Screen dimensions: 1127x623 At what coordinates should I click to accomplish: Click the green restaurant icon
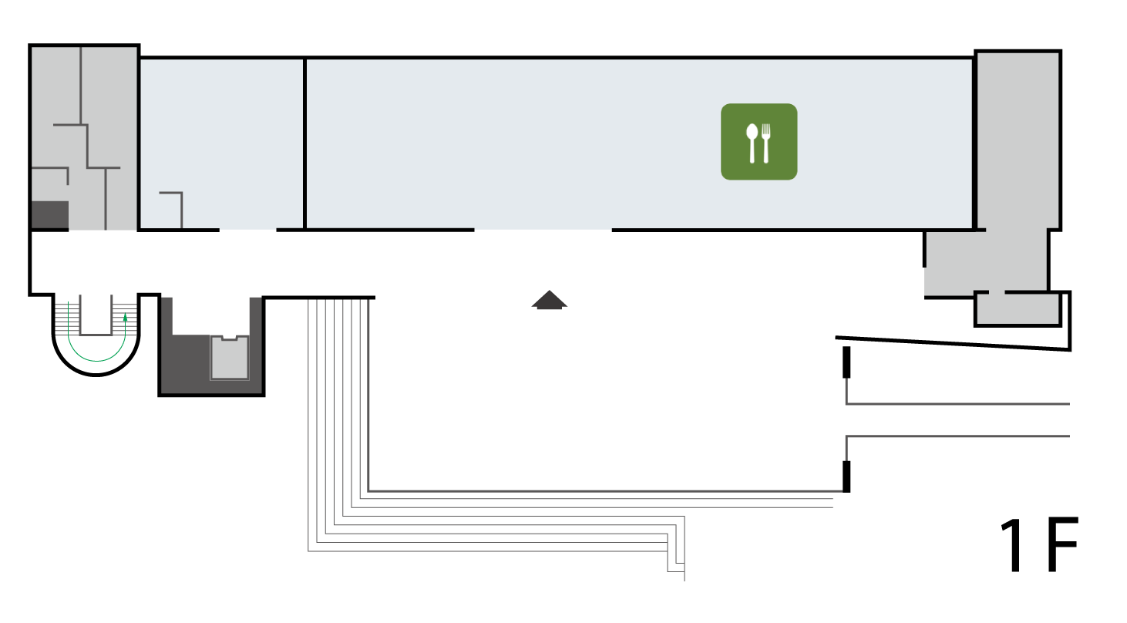(x=759, y=142)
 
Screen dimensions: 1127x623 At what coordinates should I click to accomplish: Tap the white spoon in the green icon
(x=752, y=143)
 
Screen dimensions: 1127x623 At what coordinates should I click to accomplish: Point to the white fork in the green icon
(x=765, y=143)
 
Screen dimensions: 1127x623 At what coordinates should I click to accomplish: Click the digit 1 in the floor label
(x=1012, y=545)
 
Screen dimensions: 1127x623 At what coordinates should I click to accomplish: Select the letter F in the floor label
(x=1062, y=545)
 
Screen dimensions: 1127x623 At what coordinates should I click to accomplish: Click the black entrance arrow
(x=550, y=300)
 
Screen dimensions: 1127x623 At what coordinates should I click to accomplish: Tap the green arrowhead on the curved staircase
(x=126, y=318)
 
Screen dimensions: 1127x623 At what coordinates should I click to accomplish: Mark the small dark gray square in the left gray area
(x=50, y=215)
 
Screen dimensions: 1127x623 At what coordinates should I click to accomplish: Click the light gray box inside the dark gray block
(x=230, y=358)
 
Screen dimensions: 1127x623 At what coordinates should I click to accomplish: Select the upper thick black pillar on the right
(x=846, y=362)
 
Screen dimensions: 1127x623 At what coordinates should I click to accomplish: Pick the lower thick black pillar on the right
(x=846, y=477)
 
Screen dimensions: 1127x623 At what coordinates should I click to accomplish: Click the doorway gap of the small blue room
(x=248, y=230)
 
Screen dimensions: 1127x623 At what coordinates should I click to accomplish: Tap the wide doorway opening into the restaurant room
(x=543, y=230)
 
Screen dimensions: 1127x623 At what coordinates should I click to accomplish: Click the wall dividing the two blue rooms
(x=305, y=144)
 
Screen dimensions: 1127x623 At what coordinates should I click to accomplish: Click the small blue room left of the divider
(x=221, y=143)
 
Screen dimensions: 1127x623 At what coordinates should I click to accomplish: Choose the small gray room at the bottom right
(x=1018, y=309)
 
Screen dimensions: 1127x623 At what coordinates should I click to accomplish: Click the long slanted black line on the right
(x=953, y=344)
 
